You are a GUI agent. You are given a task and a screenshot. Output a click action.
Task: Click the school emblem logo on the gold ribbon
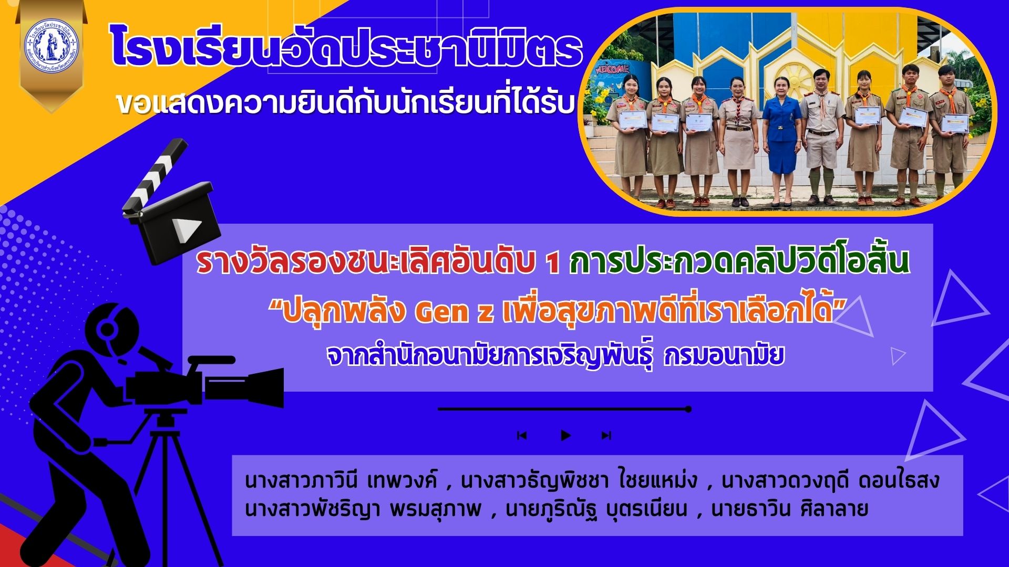(x=51, y=47)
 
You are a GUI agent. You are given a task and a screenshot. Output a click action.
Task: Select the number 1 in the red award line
(x=552, y=264)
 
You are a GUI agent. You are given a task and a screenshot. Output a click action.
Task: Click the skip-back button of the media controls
(x=522, y=435)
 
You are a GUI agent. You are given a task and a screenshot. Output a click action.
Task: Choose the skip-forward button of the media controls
(x=606, y=435)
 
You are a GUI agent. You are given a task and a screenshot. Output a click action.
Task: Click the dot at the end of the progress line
(x=688, y=409)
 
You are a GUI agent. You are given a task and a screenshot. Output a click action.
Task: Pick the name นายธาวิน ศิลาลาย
(x=789, y=509)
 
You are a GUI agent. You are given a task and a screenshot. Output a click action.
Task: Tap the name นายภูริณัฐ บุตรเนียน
(x=596, y=509)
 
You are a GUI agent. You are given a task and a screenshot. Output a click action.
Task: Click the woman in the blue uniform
(x=782, y=142)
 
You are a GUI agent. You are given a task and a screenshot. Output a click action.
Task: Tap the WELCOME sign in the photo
(x=613, y=69)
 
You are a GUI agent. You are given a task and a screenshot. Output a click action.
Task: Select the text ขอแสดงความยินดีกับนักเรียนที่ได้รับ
(x=344, y=104)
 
